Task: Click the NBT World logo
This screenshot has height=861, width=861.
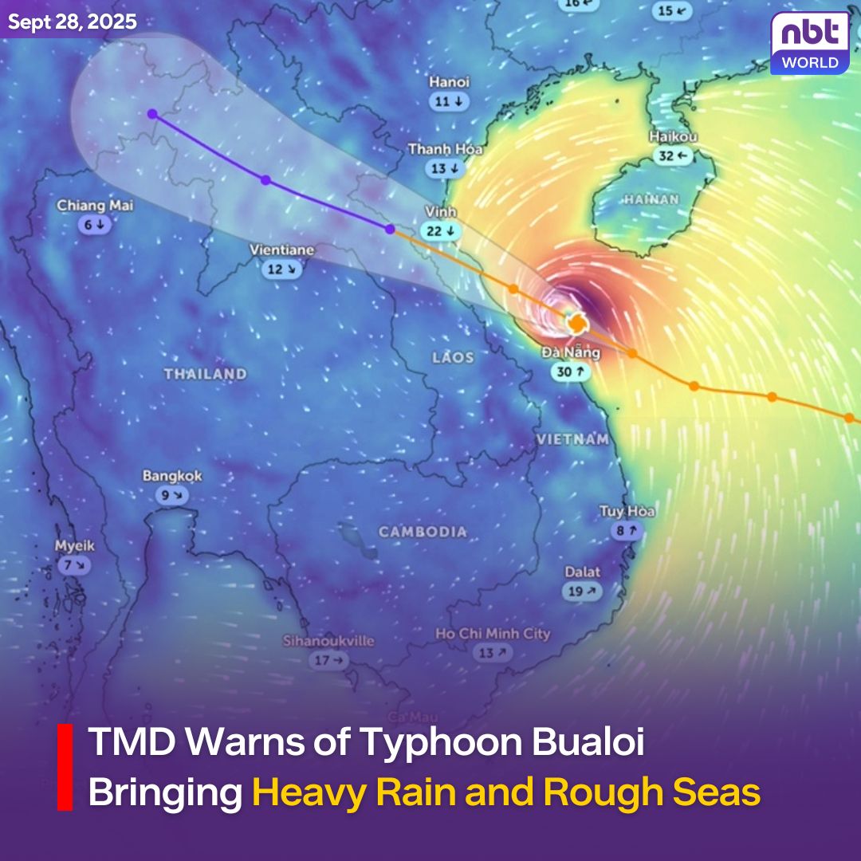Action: [809, 43]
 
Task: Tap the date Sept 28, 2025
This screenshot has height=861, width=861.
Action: [73, 22]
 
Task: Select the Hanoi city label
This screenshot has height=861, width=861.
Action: [450, 82]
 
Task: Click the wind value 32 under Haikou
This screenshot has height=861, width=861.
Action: [673, 156]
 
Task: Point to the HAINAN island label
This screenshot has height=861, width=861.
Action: [651, 199]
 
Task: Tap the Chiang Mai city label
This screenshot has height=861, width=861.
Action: [95, 206]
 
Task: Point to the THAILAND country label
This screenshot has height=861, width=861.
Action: [206, 373]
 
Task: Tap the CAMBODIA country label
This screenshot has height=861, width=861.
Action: [423, 532]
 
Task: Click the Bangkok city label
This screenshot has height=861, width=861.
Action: [172, 476]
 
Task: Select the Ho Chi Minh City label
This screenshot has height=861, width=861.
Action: [493, 634]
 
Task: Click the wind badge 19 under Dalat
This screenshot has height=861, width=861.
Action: [582, 592]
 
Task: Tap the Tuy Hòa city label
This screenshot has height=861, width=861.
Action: [627, 511]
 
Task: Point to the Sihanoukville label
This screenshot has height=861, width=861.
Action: [328, 641]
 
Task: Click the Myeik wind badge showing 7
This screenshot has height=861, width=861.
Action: [74, 565]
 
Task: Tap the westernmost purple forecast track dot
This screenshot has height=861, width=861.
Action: [152, 114]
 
